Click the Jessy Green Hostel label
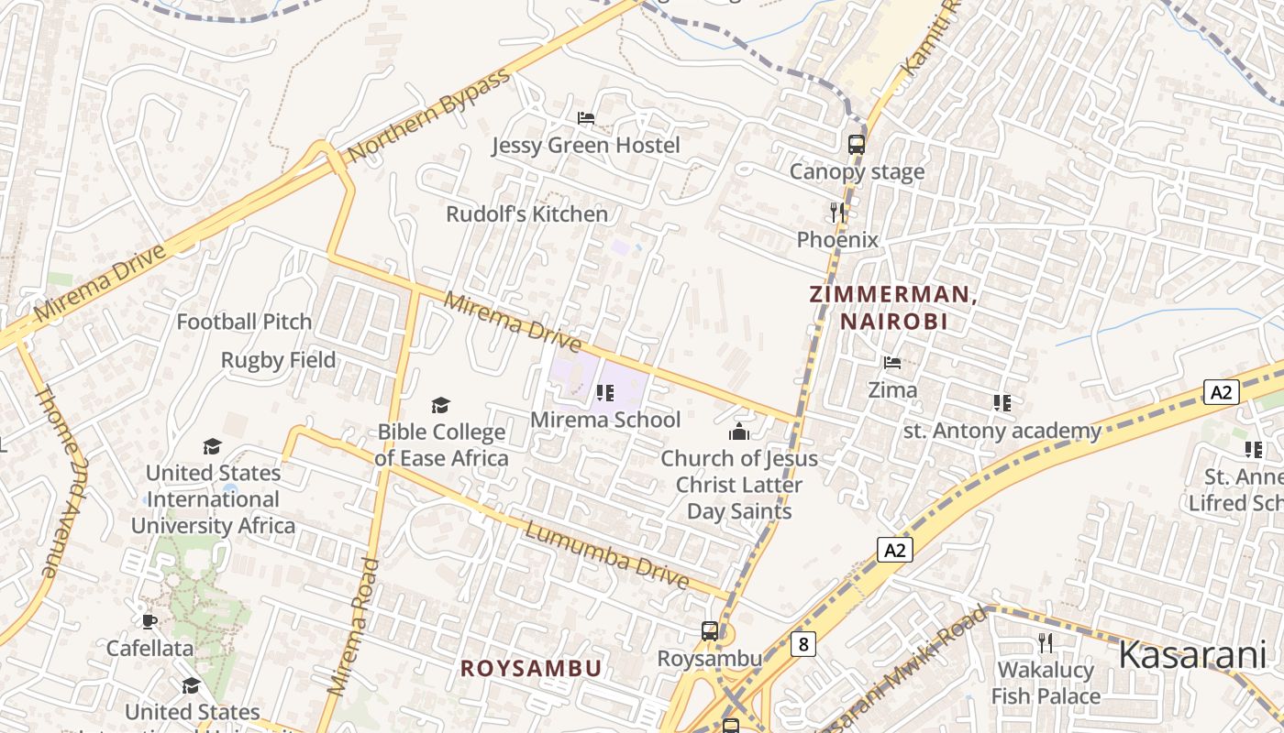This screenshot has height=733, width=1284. coord(585,146)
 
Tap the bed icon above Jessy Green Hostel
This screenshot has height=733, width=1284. coord(585,118)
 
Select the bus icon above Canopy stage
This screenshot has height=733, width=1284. coord(856,144)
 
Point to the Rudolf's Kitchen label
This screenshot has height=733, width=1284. coord(526,214)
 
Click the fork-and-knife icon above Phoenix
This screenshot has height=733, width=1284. coord(836,213)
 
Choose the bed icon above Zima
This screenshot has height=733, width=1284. coord(891,363)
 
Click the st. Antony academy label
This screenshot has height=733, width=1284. coord(1002,431)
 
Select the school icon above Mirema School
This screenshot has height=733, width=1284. coord(604,393)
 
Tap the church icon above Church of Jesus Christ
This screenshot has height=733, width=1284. coord(738,432)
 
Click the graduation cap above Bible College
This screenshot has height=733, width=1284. coord(441,405)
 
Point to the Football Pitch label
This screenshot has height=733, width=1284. coord(244,323)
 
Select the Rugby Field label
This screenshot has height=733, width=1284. coord(278,361)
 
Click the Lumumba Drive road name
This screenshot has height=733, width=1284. coord(606,554)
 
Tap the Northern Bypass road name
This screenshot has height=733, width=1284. coord(428,115)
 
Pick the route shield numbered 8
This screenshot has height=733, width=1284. coord(803,644)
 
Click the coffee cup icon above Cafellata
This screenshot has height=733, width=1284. coord(149,621)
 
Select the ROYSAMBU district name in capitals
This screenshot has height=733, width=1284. coord(531,669)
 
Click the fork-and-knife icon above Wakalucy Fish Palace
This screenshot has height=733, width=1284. coord(1045,642)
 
